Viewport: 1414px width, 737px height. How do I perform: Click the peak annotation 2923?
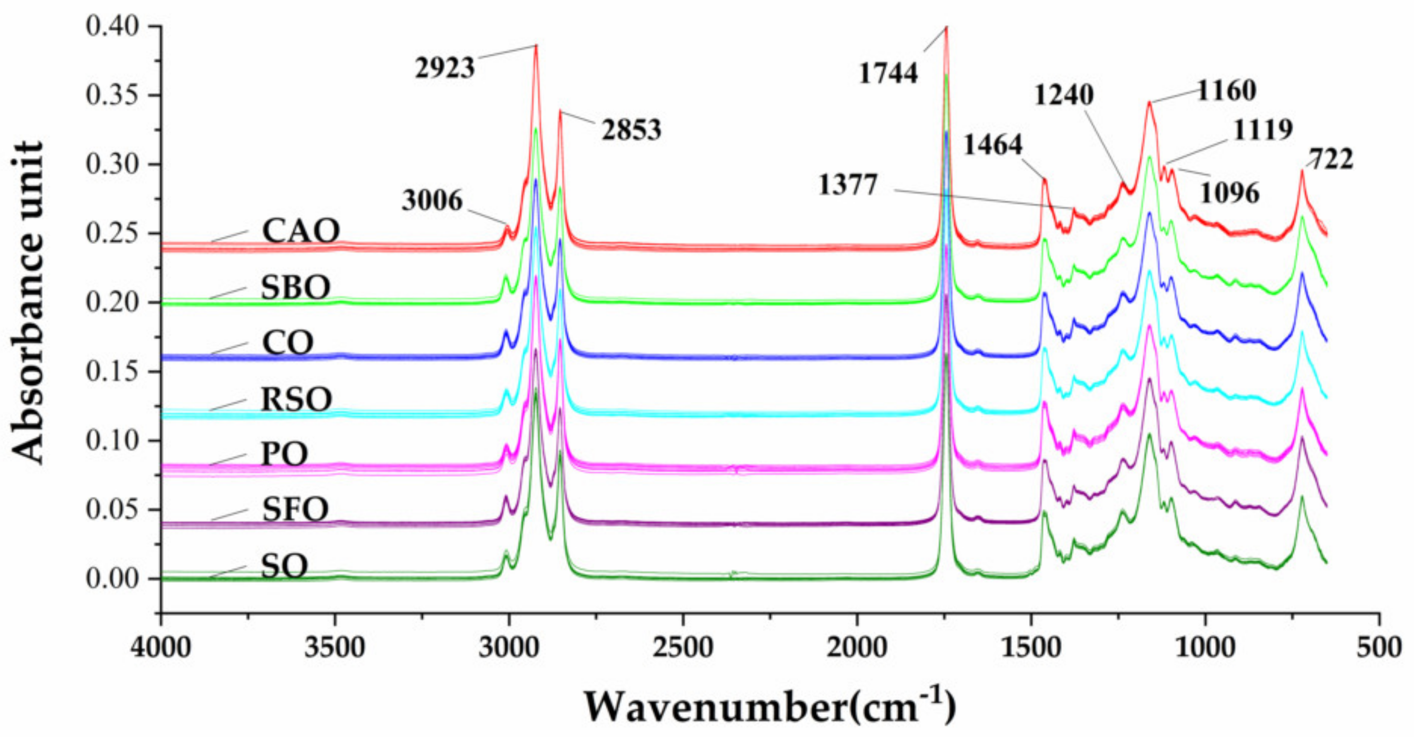[x=445, y=68]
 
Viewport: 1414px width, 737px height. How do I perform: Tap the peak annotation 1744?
[x=888, y=73]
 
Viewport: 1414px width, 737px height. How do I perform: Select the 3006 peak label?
[x=432, y=200]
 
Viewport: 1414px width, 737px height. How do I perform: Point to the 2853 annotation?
[x=631, y=130]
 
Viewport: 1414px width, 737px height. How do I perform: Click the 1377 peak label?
[x=848, y=185]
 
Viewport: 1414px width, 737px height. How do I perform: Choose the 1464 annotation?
[x=993, y=145]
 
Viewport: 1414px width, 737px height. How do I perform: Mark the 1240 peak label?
[x=1064, y=94]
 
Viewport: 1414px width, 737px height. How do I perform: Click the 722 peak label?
[x=1331, y=160]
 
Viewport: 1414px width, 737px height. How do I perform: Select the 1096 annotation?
[x=1229, y=193]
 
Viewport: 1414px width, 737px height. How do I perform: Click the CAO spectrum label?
[x=301, y=231]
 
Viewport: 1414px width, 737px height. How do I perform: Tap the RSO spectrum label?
[x=296, y=400]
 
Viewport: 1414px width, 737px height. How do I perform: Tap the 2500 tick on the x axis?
[x=683, y=648]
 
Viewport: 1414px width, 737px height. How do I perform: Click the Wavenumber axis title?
[x=769, y=707]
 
